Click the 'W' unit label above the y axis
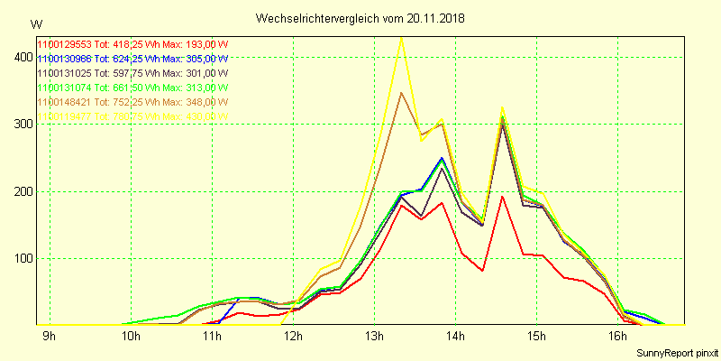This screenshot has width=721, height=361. click(35, 23)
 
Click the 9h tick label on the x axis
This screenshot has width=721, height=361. click(49, 337)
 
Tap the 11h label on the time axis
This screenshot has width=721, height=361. click(211, 337)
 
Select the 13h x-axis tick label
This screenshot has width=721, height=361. click(373, 337)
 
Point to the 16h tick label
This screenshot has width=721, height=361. click(616, 337)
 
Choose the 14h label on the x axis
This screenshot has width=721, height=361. click(454, 337)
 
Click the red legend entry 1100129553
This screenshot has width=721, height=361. click(132, 44)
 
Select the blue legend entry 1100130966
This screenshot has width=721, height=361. click(132, 59)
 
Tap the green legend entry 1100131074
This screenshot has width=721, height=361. click(132, 88)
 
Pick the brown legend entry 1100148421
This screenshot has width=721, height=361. click(132, 102)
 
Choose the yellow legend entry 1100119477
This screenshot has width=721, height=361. click(132, 116)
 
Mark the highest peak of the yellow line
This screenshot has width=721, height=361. click(401, 38)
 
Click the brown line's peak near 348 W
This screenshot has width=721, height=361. click(401, 93)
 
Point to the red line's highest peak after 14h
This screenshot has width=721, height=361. click(502, 197)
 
